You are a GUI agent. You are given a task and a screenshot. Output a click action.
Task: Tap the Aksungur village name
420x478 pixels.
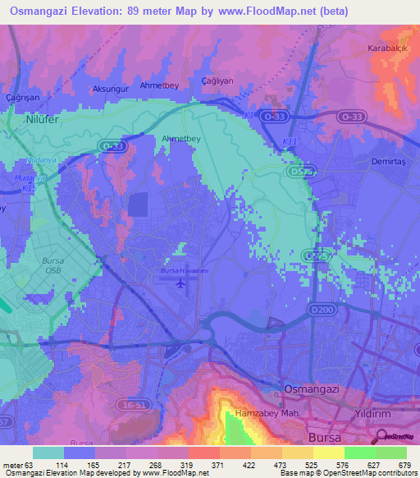click(108, 88)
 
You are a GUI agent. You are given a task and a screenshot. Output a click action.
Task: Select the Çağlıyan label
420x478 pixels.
click(218, 80)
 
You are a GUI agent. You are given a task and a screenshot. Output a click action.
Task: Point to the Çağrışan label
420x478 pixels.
click(22, 96)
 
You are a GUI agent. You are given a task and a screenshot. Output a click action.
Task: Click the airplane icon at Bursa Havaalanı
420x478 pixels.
click(180, 283)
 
